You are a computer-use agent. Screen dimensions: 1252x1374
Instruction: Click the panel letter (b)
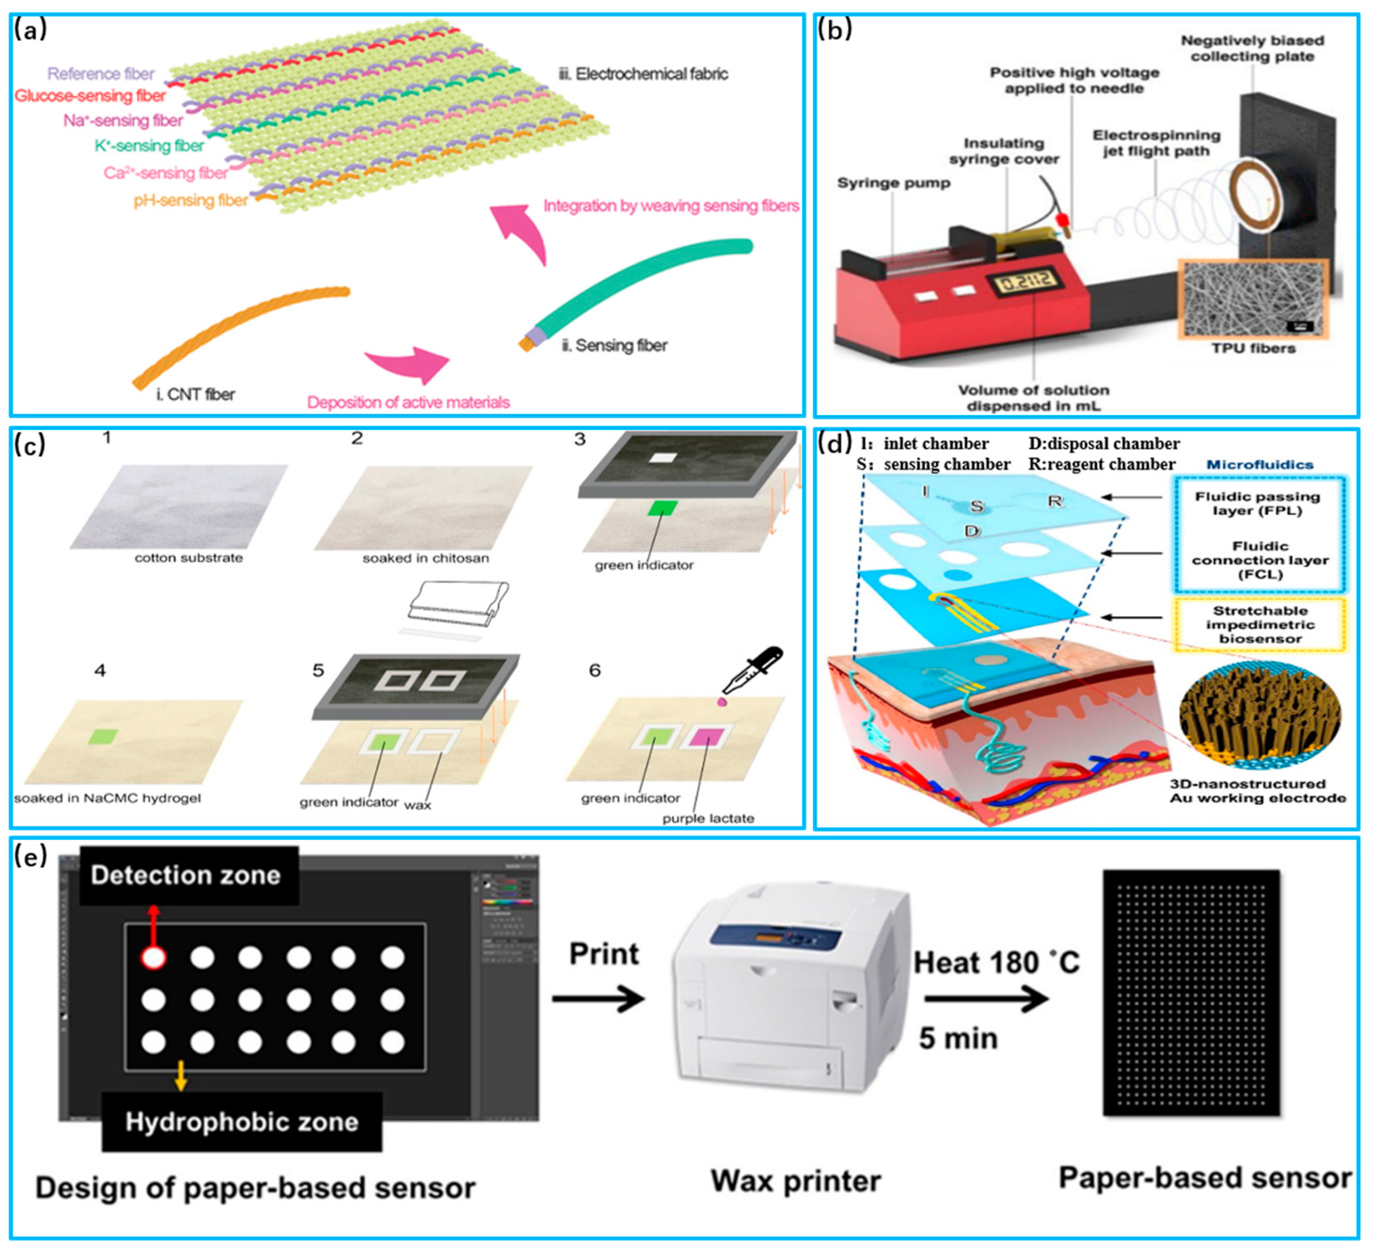[835, 31]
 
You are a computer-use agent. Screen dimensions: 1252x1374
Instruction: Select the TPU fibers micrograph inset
[1253, 298]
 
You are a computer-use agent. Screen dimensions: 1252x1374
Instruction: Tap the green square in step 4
[103, 737]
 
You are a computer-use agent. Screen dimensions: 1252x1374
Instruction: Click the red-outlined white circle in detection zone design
[153, 958]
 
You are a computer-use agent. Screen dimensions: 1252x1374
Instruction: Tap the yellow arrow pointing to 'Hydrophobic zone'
[181, 1075]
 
